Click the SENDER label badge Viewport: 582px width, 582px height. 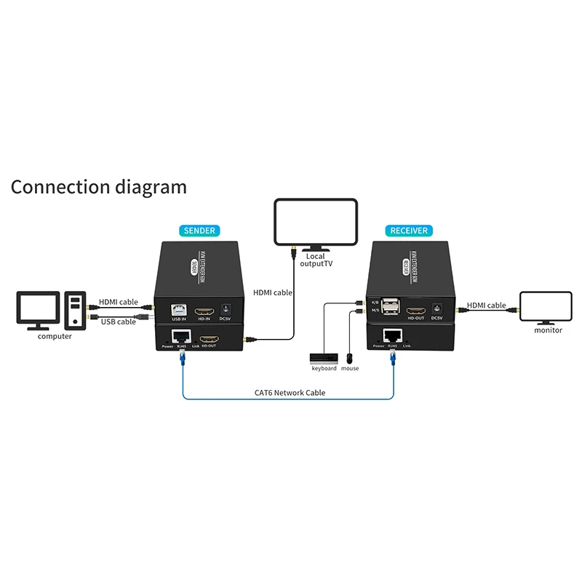[x=199, y=231]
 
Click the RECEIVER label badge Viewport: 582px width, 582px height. [x=408, y=231]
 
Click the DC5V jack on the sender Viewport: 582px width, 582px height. [x=225, y=308]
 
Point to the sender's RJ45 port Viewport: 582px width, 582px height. [x=179, y=337]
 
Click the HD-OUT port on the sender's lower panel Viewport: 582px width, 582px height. [x=210, y=338]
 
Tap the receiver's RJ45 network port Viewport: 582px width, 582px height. [x=393, y=335]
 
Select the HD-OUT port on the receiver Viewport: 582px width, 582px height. [x=415, y=308]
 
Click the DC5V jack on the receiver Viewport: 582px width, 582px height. [x=437, y=308]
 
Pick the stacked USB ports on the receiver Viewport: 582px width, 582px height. [x=391, y=307]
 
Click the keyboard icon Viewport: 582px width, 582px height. [x=324, y=358]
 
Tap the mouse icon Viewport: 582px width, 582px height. [x=350, y=358]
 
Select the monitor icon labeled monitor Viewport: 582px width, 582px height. [x=547, y=307]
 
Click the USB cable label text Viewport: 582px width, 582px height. [x=118, y=321]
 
